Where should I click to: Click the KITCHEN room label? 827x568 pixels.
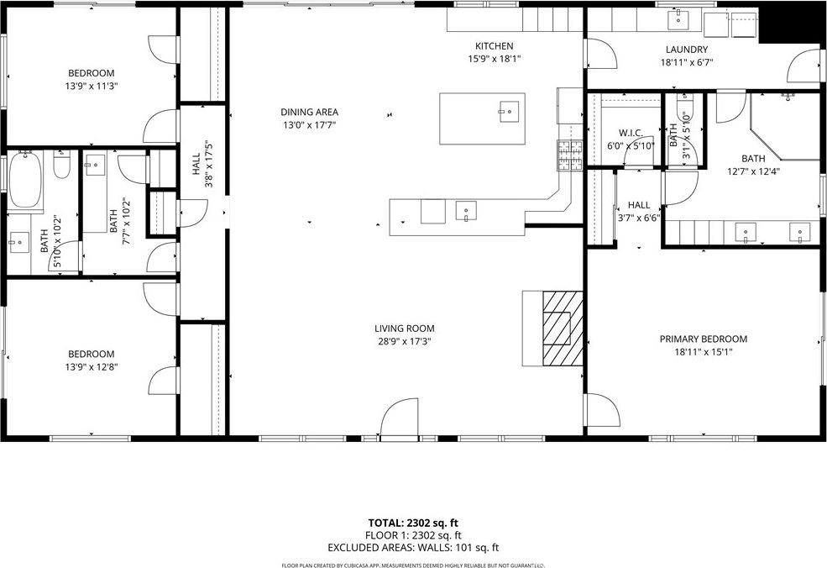494,46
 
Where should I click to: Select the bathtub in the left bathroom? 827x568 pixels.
25,182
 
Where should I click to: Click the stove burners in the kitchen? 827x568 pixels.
570,155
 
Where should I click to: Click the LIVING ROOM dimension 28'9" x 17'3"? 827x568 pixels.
404,341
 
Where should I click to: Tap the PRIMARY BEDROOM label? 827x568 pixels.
703,339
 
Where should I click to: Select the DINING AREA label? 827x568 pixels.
310,112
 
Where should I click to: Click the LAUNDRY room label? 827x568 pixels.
687,50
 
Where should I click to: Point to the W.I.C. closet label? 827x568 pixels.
631,133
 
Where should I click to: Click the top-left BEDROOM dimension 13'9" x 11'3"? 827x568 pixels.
92,86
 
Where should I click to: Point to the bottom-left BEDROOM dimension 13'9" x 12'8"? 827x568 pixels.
92,367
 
